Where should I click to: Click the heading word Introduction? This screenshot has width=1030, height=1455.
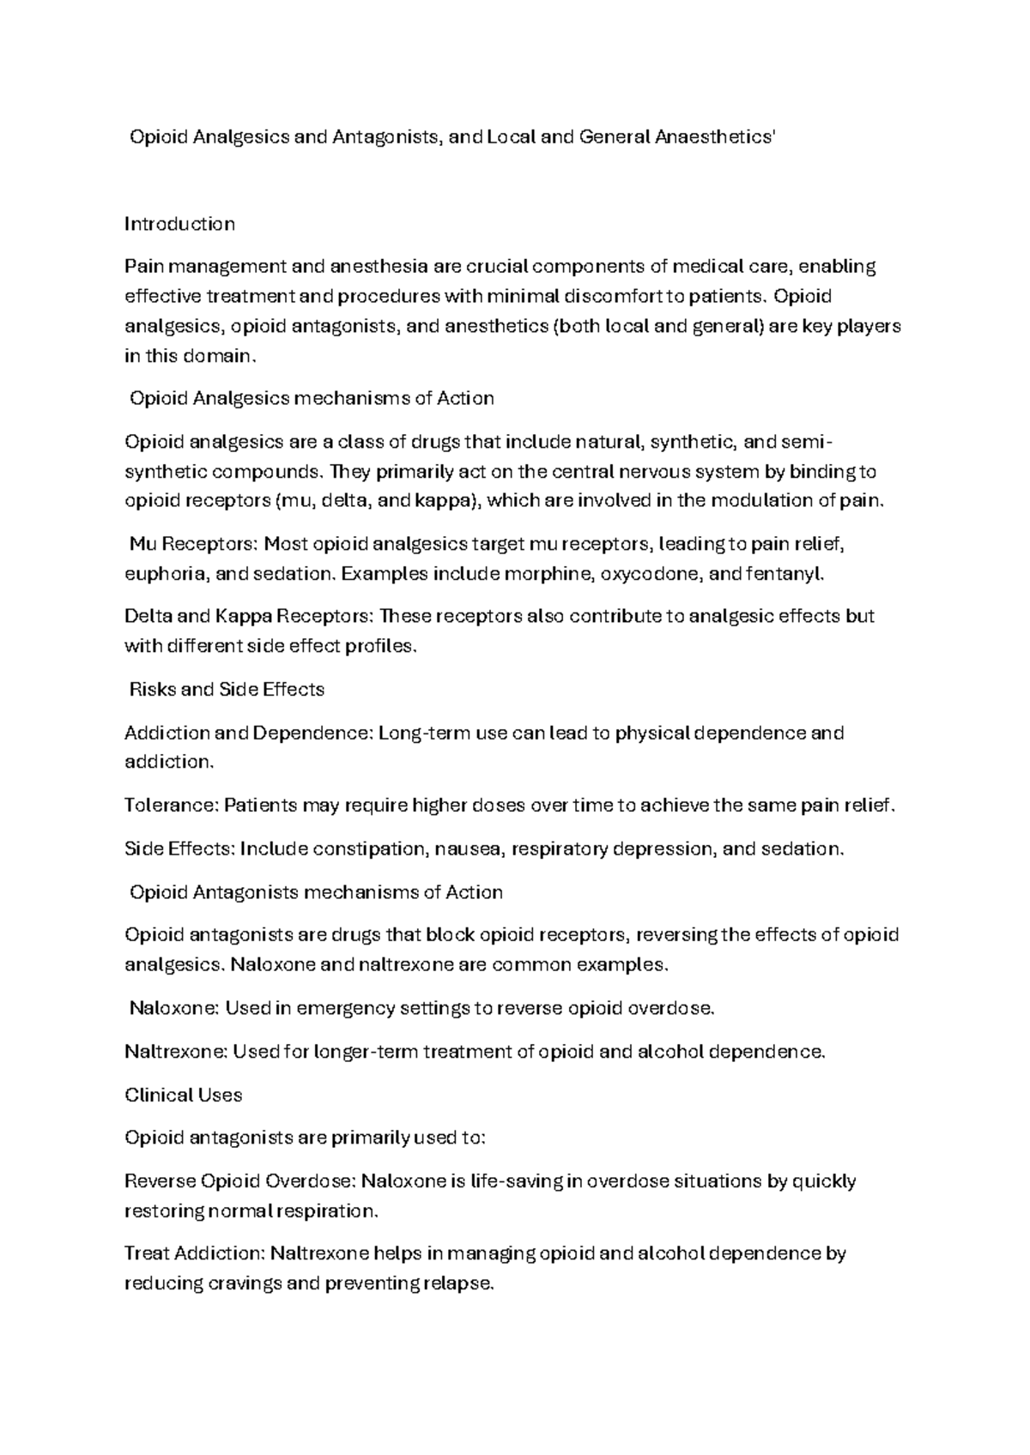[179, 224]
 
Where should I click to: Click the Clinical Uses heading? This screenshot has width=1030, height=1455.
[184, 1096]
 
